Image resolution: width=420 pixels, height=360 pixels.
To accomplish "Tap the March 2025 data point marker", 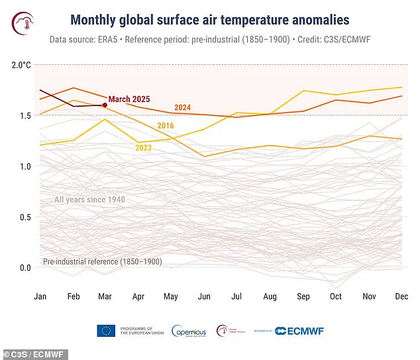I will (105, 105).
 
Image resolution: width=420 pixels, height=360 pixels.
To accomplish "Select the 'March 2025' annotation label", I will (129, 99).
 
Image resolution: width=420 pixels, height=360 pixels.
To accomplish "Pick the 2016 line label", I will (166, 125).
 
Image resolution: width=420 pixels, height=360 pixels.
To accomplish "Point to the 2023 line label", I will (144, 147).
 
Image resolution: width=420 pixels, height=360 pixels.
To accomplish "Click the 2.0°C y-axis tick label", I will (21, 65).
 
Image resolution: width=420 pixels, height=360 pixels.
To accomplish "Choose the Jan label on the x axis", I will (41, 296).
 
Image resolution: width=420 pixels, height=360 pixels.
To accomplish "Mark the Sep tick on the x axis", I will (304, 296).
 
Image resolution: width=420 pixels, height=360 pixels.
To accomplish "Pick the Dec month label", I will (401, 296).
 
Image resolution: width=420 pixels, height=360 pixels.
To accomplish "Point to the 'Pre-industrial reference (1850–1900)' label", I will (103, 262).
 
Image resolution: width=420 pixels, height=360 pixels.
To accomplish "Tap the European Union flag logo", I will (106, 331).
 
